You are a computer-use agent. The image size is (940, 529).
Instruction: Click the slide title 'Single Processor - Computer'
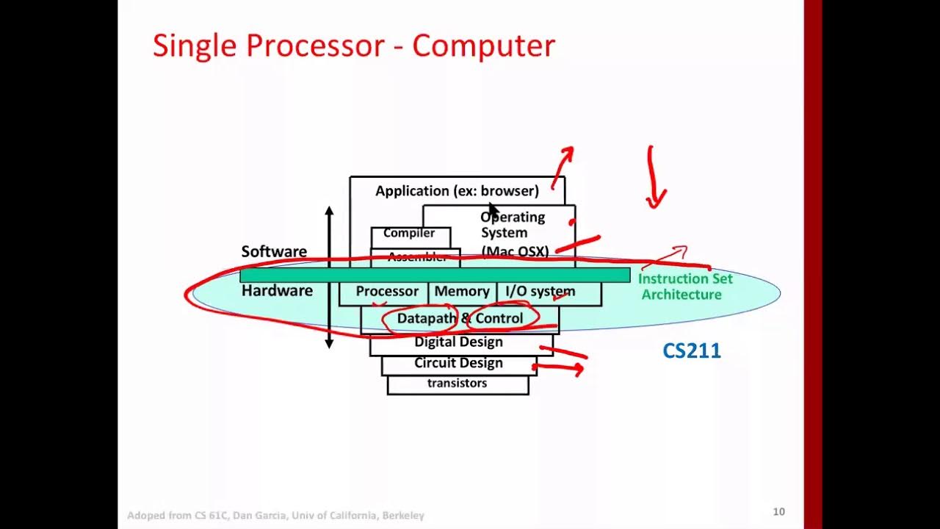[353, 46]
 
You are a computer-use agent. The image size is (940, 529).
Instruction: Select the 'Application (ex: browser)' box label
[457, 191]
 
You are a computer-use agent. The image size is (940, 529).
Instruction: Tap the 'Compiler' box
[409, 234]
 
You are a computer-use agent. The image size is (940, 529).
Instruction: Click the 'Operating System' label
[513, 225]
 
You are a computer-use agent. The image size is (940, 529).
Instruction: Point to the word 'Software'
[274, 251]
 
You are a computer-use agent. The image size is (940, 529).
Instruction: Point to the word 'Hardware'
[277, 291]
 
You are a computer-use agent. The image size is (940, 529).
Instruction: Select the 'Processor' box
[387, 292]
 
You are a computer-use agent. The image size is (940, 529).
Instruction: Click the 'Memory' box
[461, 292]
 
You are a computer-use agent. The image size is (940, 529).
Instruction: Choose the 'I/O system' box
[540, 292]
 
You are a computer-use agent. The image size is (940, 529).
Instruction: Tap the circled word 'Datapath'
[426, 319]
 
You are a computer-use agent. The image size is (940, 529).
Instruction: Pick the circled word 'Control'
[499, 319]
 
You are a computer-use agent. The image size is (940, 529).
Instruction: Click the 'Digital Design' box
[458, 342]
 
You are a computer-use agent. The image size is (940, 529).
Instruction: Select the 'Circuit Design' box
[458, 363]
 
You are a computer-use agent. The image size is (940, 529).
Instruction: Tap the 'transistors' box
[457, 384]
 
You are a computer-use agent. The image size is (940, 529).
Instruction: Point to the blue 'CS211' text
[691, 351]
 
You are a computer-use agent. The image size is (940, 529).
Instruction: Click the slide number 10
[778, 511]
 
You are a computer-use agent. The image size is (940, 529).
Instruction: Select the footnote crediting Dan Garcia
[275, 516]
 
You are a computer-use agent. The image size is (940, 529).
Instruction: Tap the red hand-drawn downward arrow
[653, 180]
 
